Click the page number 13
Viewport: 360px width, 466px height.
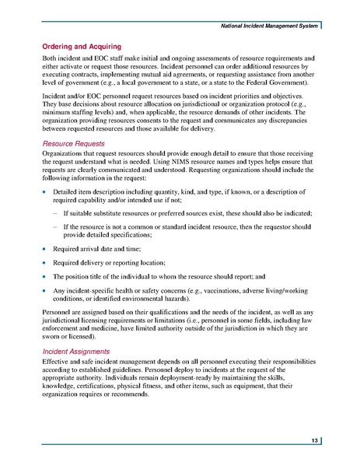[x=312, y=441]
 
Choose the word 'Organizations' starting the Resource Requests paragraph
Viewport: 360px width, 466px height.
[x=65, y=156]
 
